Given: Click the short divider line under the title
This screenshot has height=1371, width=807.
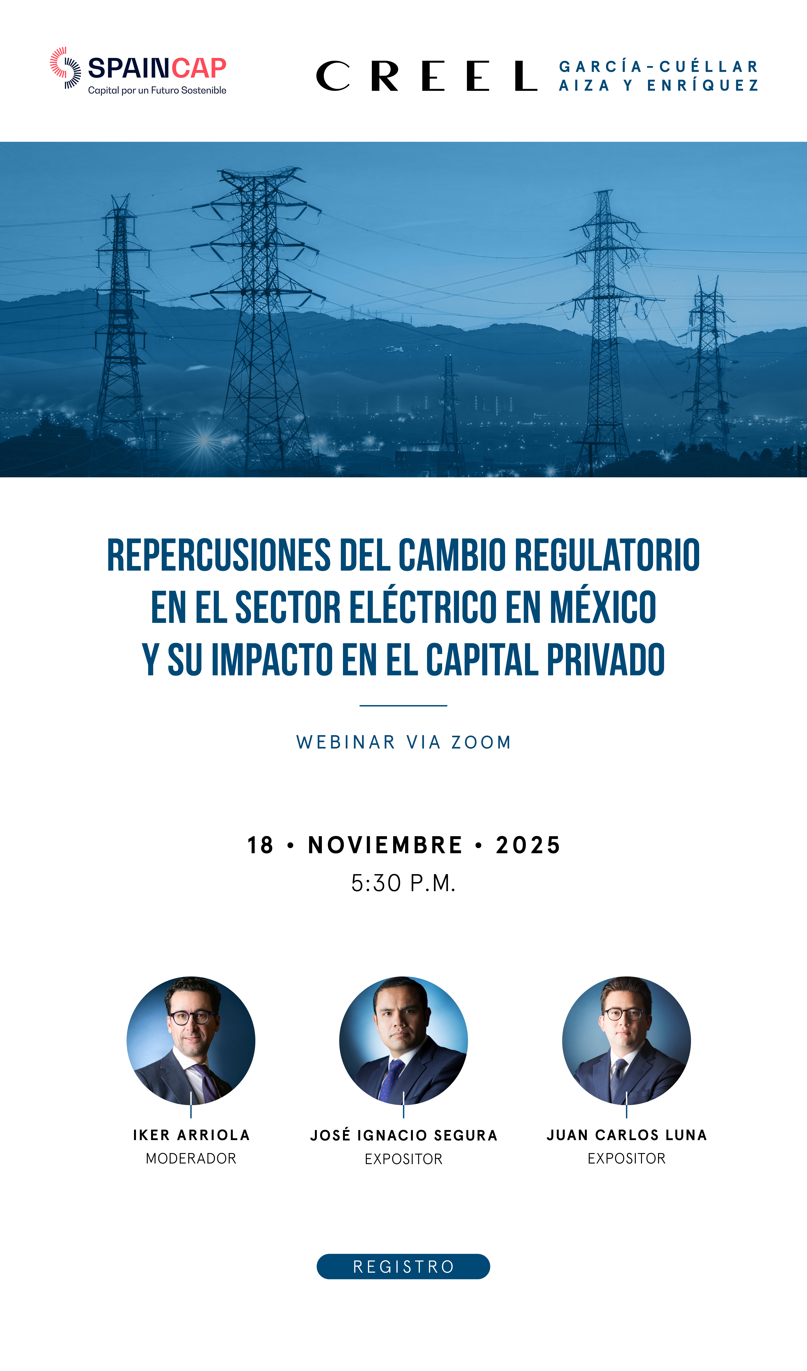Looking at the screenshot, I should pyautogui.click(x=403, y=706).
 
